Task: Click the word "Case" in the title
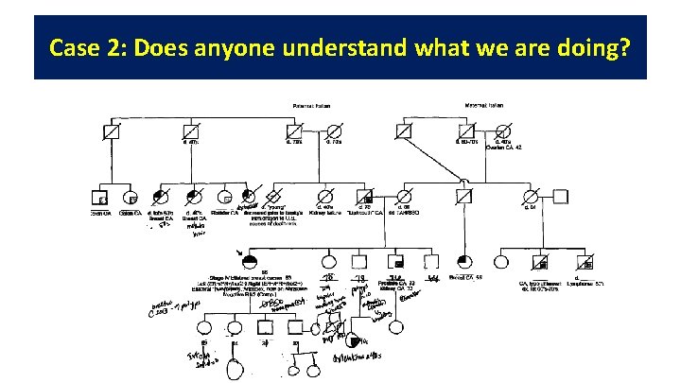[x=74, y=47]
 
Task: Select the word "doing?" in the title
[x=595, y=47]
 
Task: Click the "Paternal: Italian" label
[x=312, y=105]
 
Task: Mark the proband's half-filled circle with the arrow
[x=252, y=259]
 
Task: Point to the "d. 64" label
[x=533, y=207]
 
